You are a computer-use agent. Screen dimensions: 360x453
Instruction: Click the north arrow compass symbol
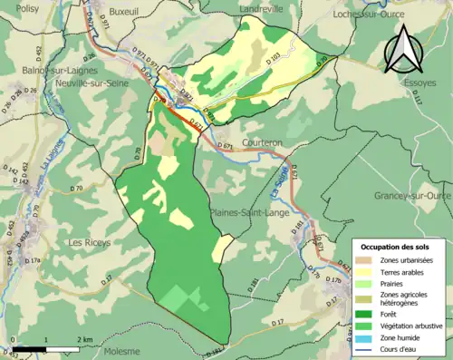coord(404,48)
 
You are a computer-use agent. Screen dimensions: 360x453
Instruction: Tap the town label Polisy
coord(27,6)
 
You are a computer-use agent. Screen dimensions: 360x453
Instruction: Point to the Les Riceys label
coord(90,243)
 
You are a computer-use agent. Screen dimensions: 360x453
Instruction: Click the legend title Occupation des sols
coord(398,247)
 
